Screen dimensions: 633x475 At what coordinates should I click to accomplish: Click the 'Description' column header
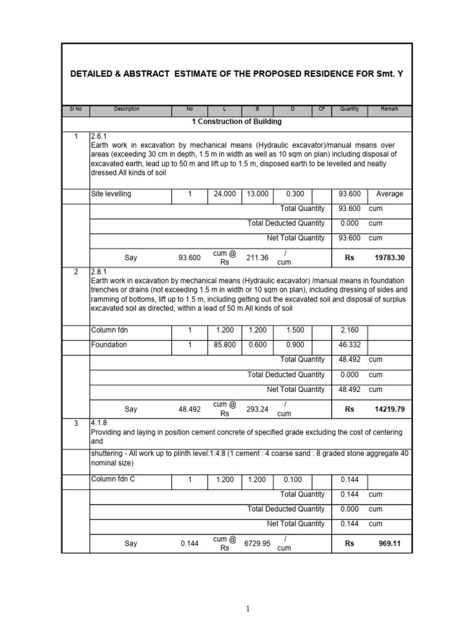tap(127, 109)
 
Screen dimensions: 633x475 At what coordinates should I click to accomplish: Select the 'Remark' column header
tap(390, 109)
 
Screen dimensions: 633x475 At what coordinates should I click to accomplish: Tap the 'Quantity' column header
tap(349, 109)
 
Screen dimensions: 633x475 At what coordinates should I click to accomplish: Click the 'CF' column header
tap(322, 109)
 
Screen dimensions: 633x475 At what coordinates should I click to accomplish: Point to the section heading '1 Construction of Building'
tap(236, 122)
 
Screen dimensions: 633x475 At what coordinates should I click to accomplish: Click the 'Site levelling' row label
tap(111, 193)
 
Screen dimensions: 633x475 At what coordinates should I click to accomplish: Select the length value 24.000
tap(225, 193)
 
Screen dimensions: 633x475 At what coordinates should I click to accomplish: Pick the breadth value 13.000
tap(258, 193)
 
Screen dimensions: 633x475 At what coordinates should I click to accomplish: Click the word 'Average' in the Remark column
tap(390, 193)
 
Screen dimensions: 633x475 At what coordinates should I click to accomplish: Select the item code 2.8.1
tap(99, 271)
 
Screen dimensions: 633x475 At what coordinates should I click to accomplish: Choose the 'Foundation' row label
tap(109, 344)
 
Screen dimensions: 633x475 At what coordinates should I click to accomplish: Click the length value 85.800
tap(225, 344)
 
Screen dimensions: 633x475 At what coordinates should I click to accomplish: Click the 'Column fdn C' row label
tap(113, 479)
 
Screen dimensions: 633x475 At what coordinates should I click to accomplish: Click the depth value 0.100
tap(293, 479)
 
